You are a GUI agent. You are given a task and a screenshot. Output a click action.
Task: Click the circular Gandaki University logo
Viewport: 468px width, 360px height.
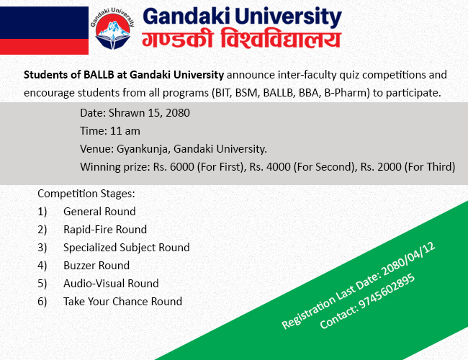[112, 29]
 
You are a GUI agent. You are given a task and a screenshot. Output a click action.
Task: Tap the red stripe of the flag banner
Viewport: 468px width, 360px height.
[44, 47]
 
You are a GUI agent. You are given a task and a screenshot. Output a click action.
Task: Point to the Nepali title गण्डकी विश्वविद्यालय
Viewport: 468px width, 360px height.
[241, 38]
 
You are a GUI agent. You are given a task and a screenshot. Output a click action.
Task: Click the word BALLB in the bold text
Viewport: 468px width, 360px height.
[99, 75]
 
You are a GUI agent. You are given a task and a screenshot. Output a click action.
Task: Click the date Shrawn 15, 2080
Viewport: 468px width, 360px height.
[149, 113]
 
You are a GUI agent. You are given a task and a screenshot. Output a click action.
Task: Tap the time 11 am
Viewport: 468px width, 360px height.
[125, 131]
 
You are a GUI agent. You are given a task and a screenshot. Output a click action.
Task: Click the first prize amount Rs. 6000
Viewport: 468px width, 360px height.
[174, 166]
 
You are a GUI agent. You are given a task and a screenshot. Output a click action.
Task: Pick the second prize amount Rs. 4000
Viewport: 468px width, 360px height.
[270, 166]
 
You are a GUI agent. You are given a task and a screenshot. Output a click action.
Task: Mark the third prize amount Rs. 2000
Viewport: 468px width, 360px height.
[381, 166]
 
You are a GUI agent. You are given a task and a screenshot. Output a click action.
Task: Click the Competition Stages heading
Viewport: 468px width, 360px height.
[86, 194]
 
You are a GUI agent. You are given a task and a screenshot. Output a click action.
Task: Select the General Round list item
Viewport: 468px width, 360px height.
[99, 212]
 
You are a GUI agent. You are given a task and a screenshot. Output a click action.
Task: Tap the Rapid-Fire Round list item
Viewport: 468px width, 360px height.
[105, 229]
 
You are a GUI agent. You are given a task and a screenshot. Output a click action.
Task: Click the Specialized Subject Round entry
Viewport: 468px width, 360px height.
[127, 248]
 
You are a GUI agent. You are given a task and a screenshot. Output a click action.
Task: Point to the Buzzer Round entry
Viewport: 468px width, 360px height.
[96, 266]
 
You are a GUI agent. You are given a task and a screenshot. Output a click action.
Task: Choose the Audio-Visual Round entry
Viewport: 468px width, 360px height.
[111, 283]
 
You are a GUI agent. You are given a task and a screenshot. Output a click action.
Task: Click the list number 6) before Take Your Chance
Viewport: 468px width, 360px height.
[42, 302]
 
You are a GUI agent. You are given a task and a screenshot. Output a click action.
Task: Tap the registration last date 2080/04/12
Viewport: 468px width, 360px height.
[409, 259]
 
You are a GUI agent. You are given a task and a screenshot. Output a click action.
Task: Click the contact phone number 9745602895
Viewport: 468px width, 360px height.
[386, 291]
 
